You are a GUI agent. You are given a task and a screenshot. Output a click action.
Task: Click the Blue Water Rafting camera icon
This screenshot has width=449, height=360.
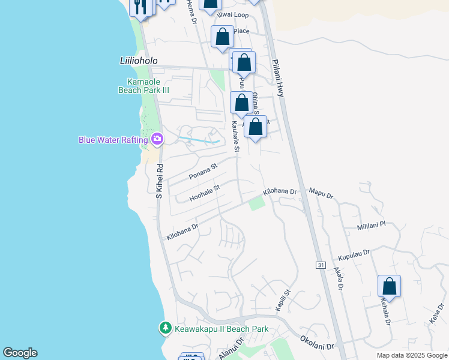point(157,140)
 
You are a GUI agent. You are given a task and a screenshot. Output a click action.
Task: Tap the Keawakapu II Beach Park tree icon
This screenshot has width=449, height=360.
point(165,329)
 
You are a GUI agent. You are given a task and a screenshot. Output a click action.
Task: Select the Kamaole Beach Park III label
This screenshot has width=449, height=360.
point(148,86)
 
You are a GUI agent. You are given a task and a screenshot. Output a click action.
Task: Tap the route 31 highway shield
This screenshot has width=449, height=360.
point(320,265)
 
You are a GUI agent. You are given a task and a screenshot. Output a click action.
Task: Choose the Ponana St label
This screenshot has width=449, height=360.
point(202,172)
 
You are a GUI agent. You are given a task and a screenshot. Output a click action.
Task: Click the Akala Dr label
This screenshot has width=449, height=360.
point(337,280)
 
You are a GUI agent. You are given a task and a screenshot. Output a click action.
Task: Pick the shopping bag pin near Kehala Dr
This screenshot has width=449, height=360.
point(389,287)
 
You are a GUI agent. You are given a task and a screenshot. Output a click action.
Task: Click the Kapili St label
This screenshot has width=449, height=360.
point(283,300)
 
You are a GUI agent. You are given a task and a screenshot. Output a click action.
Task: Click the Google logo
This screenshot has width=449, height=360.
point(20,353)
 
